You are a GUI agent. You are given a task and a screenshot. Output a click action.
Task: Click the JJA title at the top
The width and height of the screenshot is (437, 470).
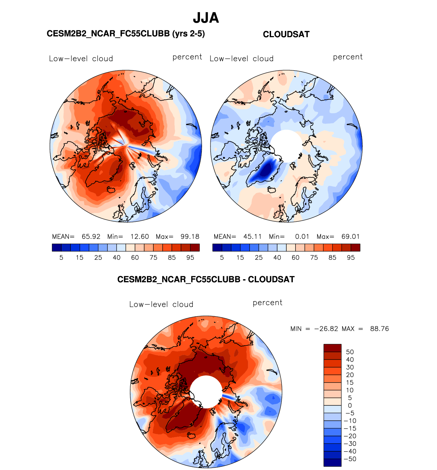[x=206, y=18]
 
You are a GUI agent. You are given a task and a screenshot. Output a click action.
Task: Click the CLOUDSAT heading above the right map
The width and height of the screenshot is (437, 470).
[x=286, y=34]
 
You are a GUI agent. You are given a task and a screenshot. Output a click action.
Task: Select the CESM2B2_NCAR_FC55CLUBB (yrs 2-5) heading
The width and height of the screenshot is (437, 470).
[x=125, y=34]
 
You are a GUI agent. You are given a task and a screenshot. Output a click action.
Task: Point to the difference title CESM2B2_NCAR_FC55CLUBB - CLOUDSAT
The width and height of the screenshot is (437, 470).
[x=206, y=280]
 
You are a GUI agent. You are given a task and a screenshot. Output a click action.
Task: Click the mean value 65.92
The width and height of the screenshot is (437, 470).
[x=91, y=237]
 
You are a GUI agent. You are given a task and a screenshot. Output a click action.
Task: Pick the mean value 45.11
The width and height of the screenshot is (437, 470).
[x=252, y=237]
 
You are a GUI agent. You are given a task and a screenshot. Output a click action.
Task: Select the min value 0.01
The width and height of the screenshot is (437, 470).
[x=302, y=237]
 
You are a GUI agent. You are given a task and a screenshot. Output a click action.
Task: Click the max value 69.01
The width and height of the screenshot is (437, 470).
[x=350, y=237]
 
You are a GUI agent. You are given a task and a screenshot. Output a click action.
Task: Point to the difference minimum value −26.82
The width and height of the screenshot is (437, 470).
[x=326, y=329]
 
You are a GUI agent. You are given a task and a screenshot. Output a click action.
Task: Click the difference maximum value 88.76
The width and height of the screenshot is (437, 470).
[x=379, y=329]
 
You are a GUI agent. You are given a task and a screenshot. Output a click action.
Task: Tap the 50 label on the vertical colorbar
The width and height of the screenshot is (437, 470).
[x=350, y=352]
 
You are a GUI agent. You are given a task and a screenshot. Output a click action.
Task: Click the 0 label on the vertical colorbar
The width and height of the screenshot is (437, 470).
[x=350, y=405]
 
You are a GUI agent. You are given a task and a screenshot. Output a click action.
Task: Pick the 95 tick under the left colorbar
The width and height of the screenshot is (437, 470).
[x=190, y=258]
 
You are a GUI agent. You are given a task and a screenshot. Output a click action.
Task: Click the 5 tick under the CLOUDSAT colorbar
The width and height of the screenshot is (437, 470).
[x=222, y=258]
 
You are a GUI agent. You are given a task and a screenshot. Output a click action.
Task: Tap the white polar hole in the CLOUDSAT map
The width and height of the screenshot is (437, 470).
[x=287, y=146]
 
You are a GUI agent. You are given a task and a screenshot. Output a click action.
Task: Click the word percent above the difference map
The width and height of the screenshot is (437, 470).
[x=267, y=303]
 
